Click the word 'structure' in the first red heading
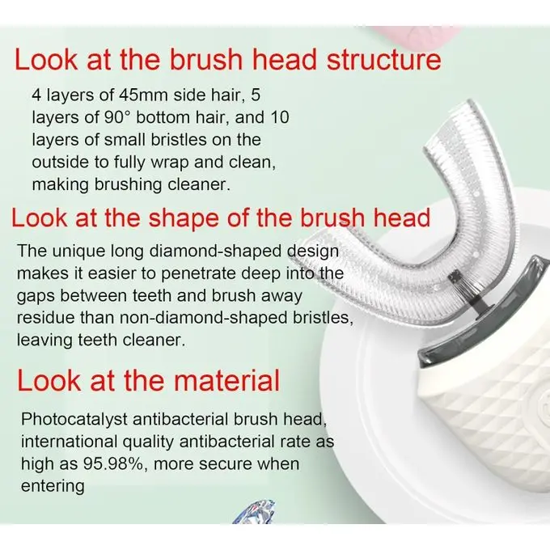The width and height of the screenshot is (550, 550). pos(383,60)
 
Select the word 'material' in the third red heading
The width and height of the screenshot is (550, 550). pos(226,380)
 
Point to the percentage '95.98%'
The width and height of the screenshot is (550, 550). pos(113,464)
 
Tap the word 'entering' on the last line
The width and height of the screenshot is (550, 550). pos(53,487)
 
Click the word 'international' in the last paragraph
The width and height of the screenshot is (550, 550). pos(69,442)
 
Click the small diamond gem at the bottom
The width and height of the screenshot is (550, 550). pos(255,513)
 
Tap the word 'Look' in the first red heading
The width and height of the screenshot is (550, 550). pos(45,60)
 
